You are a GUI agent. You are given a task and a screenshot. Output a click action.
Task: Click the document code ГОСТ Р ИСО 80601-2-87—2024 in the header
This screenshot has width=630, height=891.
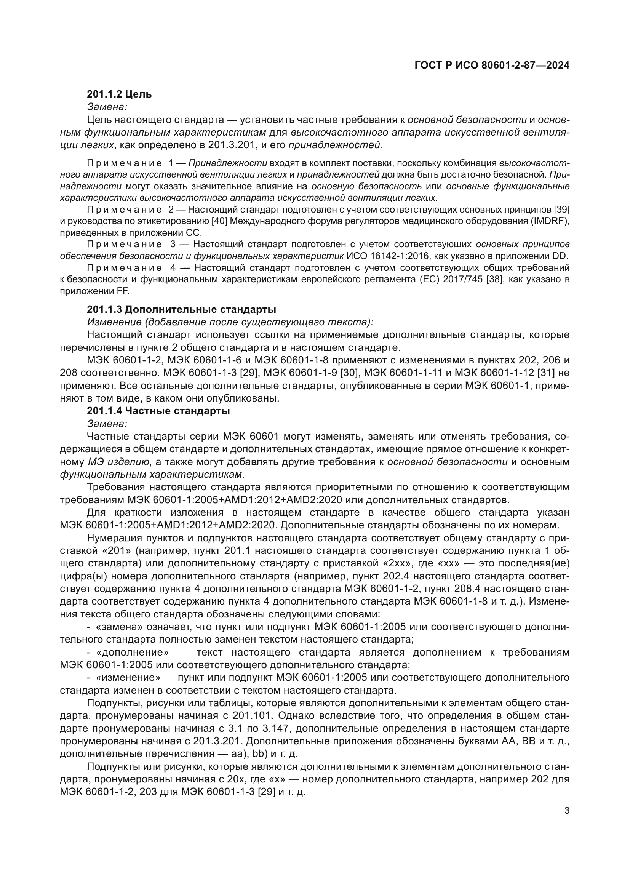[492, 65]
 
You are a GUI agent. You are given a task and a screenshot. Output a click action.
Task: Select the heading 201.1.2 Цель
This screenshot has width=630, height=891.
[119, 94]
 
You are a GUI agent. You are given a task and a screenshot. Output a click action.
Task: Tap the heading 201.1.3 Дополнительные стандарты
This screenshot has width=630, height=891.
[181, 310]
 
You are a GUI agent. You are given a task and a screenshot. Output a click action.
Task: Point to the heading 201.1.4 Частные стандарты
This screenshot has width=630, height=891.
[158, 411]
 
